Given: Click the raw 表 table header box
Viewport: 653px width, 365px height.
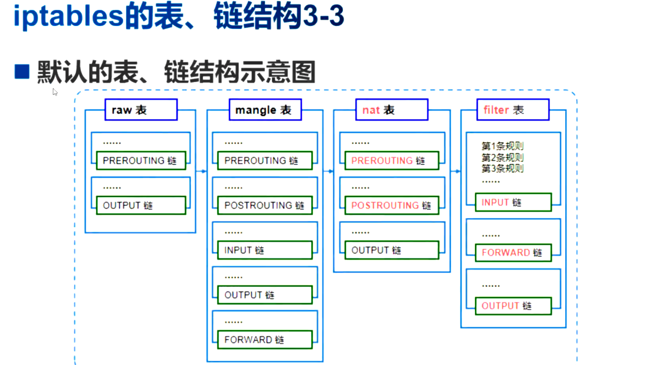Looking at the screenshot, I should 141,110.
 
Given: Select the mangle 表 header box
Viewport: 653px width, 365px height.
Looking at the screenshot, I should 263,110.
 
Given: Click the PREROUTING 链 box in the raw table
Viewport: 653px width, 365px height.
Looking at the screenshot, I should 141,161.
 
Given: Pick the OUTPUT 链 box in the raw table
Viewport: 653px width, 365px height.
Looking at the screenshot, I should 141,205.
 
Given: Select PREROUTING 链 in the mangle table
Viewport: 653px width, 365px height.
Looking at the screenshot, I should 264,161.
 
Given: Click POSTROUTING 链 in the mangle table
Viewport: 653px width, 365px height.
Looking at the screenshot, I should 264,205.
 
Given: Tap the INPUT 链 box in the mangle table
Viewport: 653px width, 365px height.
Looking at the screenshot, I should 264,250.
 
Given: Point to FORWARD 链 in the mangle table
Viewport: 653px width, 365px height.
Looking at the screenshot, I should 264,340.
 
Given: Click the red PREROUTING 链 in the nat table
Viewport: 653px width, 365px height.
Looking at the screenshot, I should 391,161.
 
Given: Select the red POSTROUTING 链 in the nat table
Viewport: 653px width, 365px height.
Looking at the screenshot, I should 391,205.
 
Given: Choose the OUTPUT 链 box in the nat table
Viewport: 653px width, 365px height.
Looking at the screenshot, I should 391,250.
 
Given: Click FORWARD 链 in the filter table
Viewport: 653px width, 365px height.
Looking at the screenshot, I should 513,253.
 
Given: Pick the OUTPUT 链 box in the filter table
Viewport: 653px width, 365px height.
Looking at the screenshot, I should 513,306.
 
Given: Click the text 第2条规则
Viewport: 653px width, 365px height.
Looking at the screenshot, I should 503,157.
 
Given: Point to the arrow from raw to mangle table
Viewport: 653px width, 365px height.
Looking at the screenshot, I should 201,171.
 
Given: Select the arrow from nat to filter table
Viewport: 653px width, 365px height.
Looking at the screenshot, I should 455,171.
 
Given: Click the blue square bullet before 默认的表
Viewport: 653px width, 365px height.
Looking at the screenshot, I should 22,72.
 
